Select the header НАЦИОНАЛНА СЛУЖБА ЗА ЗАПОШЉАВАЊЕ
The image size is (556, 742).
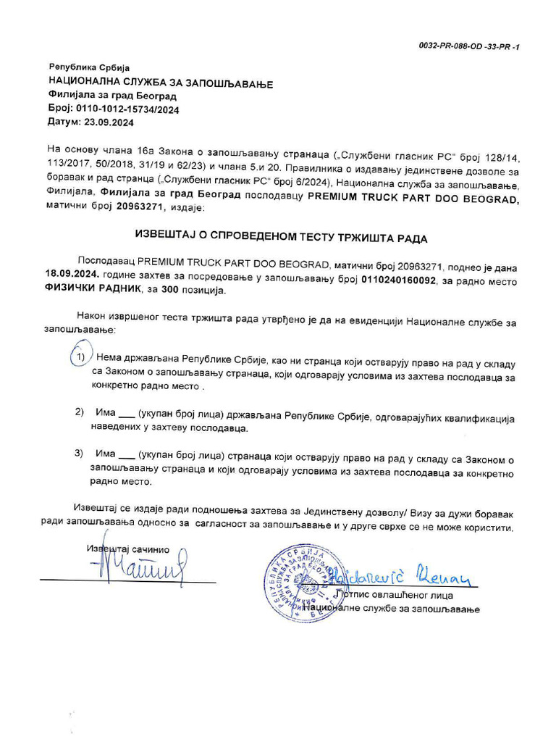tap(160, 83)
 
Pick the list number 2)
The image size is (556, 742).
tap(80, 412)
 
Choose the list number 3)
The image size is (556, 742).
tap(80, 454)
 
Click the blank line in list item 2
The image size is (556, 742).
tap(125, 415)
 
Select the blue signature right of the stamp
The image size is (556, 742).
tap(399, 576)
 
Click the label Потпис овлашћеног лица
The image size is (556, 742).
tap(392, 595)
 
